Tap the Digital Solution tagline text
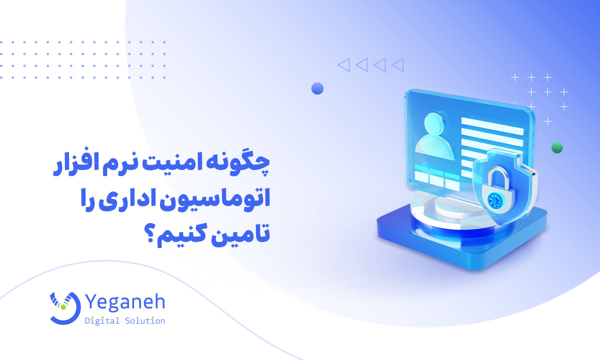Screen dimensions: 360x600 pyautogui.click(x=125, y=320)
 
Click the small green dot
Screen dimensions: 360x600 pyautogui.click(x=557, y=147)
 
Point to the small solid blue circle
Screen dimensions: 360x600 pyautogui.click(x=317, y=89)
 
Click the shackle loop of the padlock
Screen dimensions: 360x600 pyautogui.click(x=495, y=175)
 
